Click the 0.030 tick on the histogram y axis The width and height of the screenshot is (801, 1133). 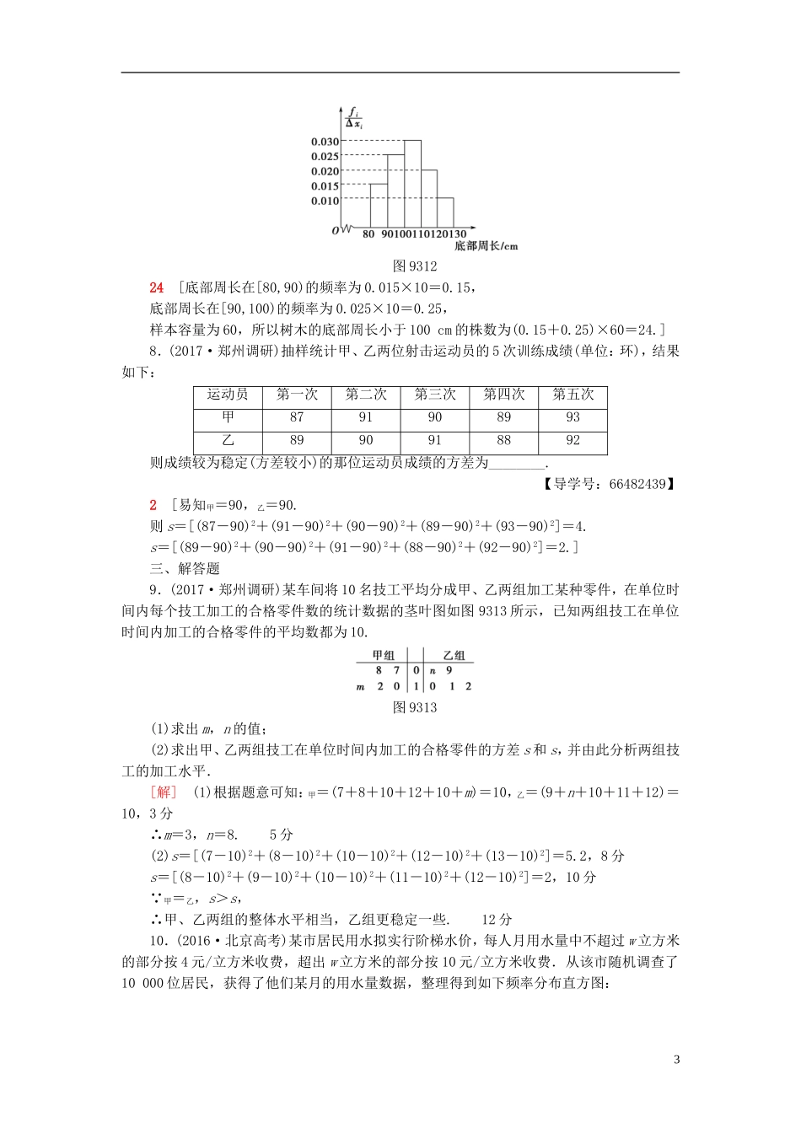click(x=325, y=142)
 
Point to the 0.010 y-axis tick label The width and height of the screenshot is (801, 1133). click(x=325, y=201)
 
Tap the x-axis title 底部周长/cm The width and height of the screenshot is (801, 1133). click(x=486, y=246)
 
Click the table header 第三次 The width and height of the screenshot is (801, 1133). click(x=434, y=395)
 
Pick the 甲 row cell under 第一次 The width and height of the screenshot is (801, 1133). click(x=296, y=417)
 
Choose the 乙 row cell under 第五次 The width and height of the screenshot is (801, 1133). click(x=573, y=440)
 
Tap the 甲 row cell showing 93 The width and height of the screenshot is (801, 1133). click(x=573, y=417)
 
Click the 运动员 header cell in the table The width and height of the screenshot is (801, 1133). click(x=228, y=395)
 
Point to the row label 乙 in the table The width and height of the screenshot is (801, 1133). click(x=228, y=440)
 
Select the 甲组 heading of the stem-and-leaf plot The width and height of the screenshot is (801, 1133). click(x=383, y=656)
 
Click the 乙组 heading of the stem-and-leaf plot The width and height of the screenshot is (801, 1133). click(x=454, y=656)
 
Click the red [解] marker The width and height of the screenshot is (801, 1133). click(x=163, y=792)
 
